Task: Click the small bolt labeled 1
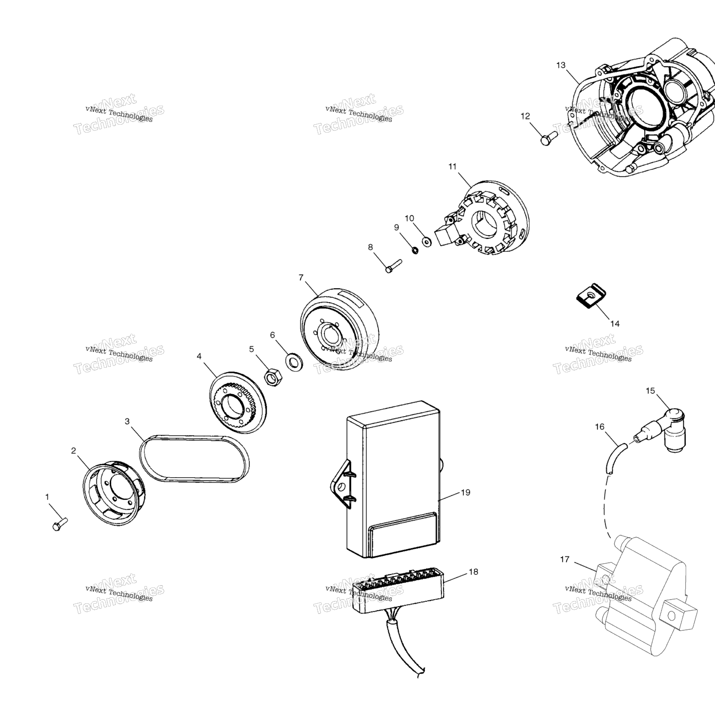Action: [x=60, y=524]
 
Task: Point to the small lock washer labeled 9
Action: [x=414, y=250]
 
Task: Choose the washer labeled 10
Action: [x=426, y=241]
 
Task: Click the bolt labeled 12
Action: [x=549, y=138]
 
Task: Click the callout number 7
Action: [x=301, y=277]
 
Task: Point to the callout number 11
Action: [x=452, y=166]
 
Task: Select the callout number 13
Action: [x=560, y=65]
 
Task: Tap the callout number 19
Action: [x=465, y=492]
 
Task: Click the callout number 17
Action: [x=565, y=559]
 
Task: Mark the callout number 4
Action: [x=199, y=356]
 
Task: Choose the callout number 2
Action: [x=74, y=450]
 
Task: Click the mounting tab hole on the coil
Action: [x=671, y=616]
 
